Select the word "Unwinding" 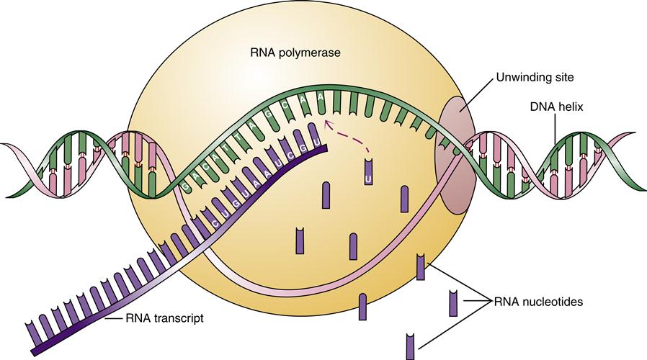coord(519,76)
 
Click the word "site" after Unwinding coord(560,76)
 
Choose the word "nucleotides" coord(553,302)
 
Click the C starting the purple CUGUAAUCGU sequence coord(215,224)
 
